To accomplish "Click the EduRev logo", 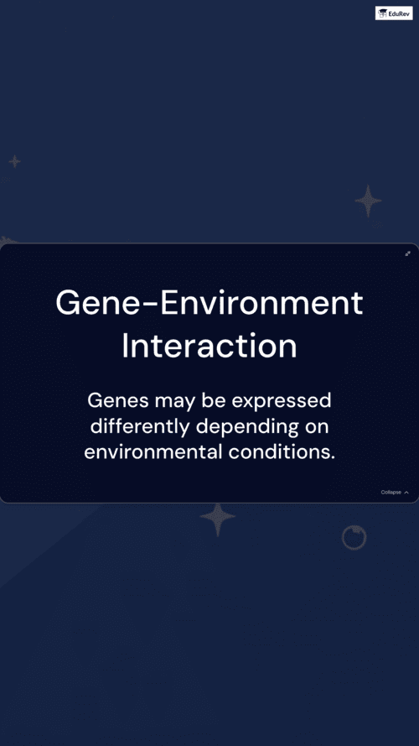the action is (x=394, y=13).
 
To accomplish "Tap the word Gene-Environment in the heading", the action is (x=209, y=304).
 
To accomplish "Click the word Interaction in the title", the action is (x=209, y=347).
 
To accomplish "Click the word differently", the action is (x=140, y=427).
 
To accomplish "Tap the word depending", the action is (x=247, y=427).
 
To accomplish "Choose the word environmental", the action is (x=153, y=452).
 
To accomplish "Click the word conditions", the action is (x=282, y=452).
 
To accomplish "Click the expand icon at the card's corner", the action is (x=407, y=253).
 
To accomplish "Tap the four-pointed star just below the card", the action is (x=218, y=519).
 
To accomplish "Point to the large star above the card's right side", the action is (x=368, y=201).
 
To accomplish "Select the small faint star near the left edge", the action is (x=15, y=161).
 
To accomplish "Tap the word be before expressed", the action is (x=214, y=400).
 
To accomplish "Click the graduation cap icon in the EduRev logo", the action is (x=383, y=13).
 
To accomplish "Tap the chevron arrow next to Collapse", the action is (x=406, y=493).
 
